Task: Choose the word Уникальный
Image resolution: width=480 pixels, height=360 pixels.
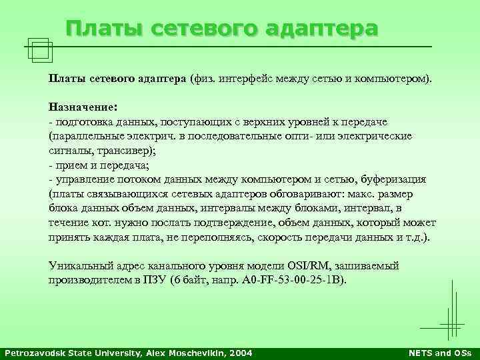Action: click(79, 266)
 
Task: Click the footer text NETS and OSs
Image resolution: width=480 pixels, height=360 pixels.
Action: click(439, 352)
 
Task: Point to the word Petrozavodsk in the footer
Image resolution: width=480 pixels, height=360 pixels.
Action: click(33, 352)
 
